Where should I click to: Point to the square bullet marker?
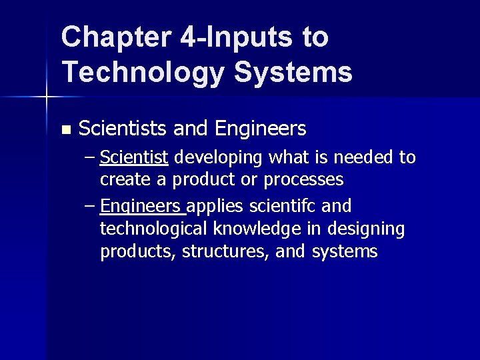tap(65, 128)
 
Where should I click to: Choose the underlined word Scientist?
tap(134, 158)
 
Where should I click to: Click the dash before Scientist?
tap(90, 159)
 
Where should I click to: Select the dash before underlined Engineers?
tap(90, 205)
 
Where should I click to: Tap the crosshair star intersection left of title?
tap(47, 97)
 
